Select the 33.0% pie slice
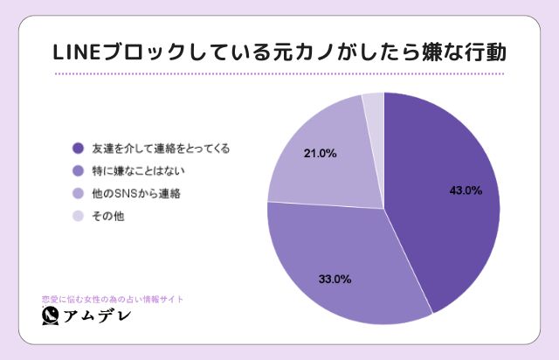(x=349, y=262)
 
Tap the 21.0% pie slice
(x=323, y=157)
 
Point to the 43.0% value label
(x=466, y=189)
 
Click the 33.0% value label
(x=334, y=280)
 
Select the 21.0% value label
(x=320, y=154)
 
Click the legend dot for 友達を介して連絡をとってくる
(x=78, y=149)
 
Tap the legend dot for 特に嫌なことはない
(x=78, y=170)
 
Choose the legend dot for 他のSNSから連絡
(x=78, y=193)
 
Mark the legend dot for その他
(x=78, y=215)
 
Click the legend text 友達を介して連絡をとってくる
(x=161, y=149)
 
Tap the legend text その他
(x=107, y=215)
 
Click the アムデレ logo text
(x=98, y=316)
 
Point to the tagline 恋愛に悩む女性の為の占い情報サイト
(x=113, y=298)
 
